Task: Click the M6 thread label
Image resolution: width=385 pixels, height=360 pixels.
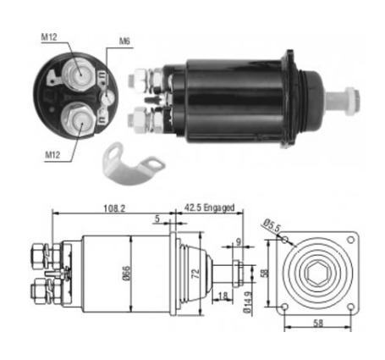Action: (124, 42)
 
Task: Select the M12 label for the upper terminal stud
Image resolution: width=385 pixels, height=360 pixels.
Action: (49, 37)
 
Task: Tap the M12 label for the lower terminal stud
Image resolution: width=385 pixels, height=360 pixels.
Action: (52, 155)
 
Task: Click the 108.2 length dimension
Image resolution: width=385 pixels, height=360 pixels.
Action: (114, 208)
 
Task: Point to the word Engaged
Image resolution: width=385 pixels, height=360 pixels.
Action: (219, 208)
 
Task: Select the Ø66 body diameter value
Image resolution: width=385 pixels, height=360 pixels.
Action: (126, 273)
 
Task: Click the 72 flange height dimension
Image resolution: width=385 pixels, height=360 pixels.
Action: (195, 274)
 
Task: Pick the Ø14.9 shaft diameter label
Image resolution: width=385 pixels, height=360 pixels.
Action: (247, 302)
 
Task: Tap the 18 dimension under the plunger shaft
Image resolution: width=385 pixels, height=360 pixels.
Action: (223, 296)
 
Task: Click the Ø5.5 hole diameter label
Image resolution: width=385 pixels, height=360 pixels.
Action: (272, 226)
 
